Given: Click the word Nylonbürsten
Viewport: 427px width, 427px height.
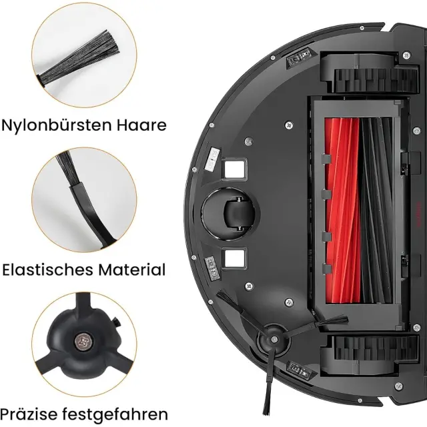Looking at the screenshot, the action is [x=57, y=125].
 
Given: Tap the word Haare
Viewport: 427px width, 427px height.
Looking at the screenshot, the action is [x=141, y=125].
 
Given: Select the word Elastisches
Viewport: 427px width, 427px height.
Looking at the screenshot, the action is [x=48, y=270].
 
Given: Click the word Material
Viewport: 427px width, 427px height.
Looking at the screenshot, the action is [x=132, y=270].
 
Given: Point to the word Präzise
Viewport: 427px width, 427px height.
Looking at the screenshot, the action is [x=29, y=414].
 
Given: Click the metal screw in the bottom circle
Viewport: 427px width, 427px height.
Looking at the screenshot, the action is [x=83, y=341].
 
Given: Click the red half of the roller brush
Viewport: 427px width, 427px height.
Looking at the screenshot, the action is [x=342, y=210].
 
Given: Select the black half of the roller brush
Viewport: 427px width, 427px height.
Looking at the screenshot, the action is [x=376, y=210].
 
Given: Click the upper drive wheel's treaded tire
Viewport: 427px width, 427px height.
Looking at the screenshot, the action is [x=376, y=81].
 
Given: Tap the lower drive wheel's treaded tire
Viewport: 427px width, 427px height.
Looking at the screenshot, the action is [x=376, y=348].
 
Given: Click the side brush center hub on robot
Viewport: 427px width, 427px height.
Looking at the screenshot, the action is [x=274, y=340].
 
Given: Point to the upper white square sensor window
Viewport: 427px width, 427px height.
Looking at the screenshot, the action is [x=234, y=169].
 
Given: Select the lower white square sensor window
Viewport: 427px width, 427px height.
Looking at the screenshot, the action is [x=234, y=258].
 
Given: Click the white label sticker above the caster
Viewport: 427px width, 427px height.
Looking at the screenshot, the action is [x=212, y=159].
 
